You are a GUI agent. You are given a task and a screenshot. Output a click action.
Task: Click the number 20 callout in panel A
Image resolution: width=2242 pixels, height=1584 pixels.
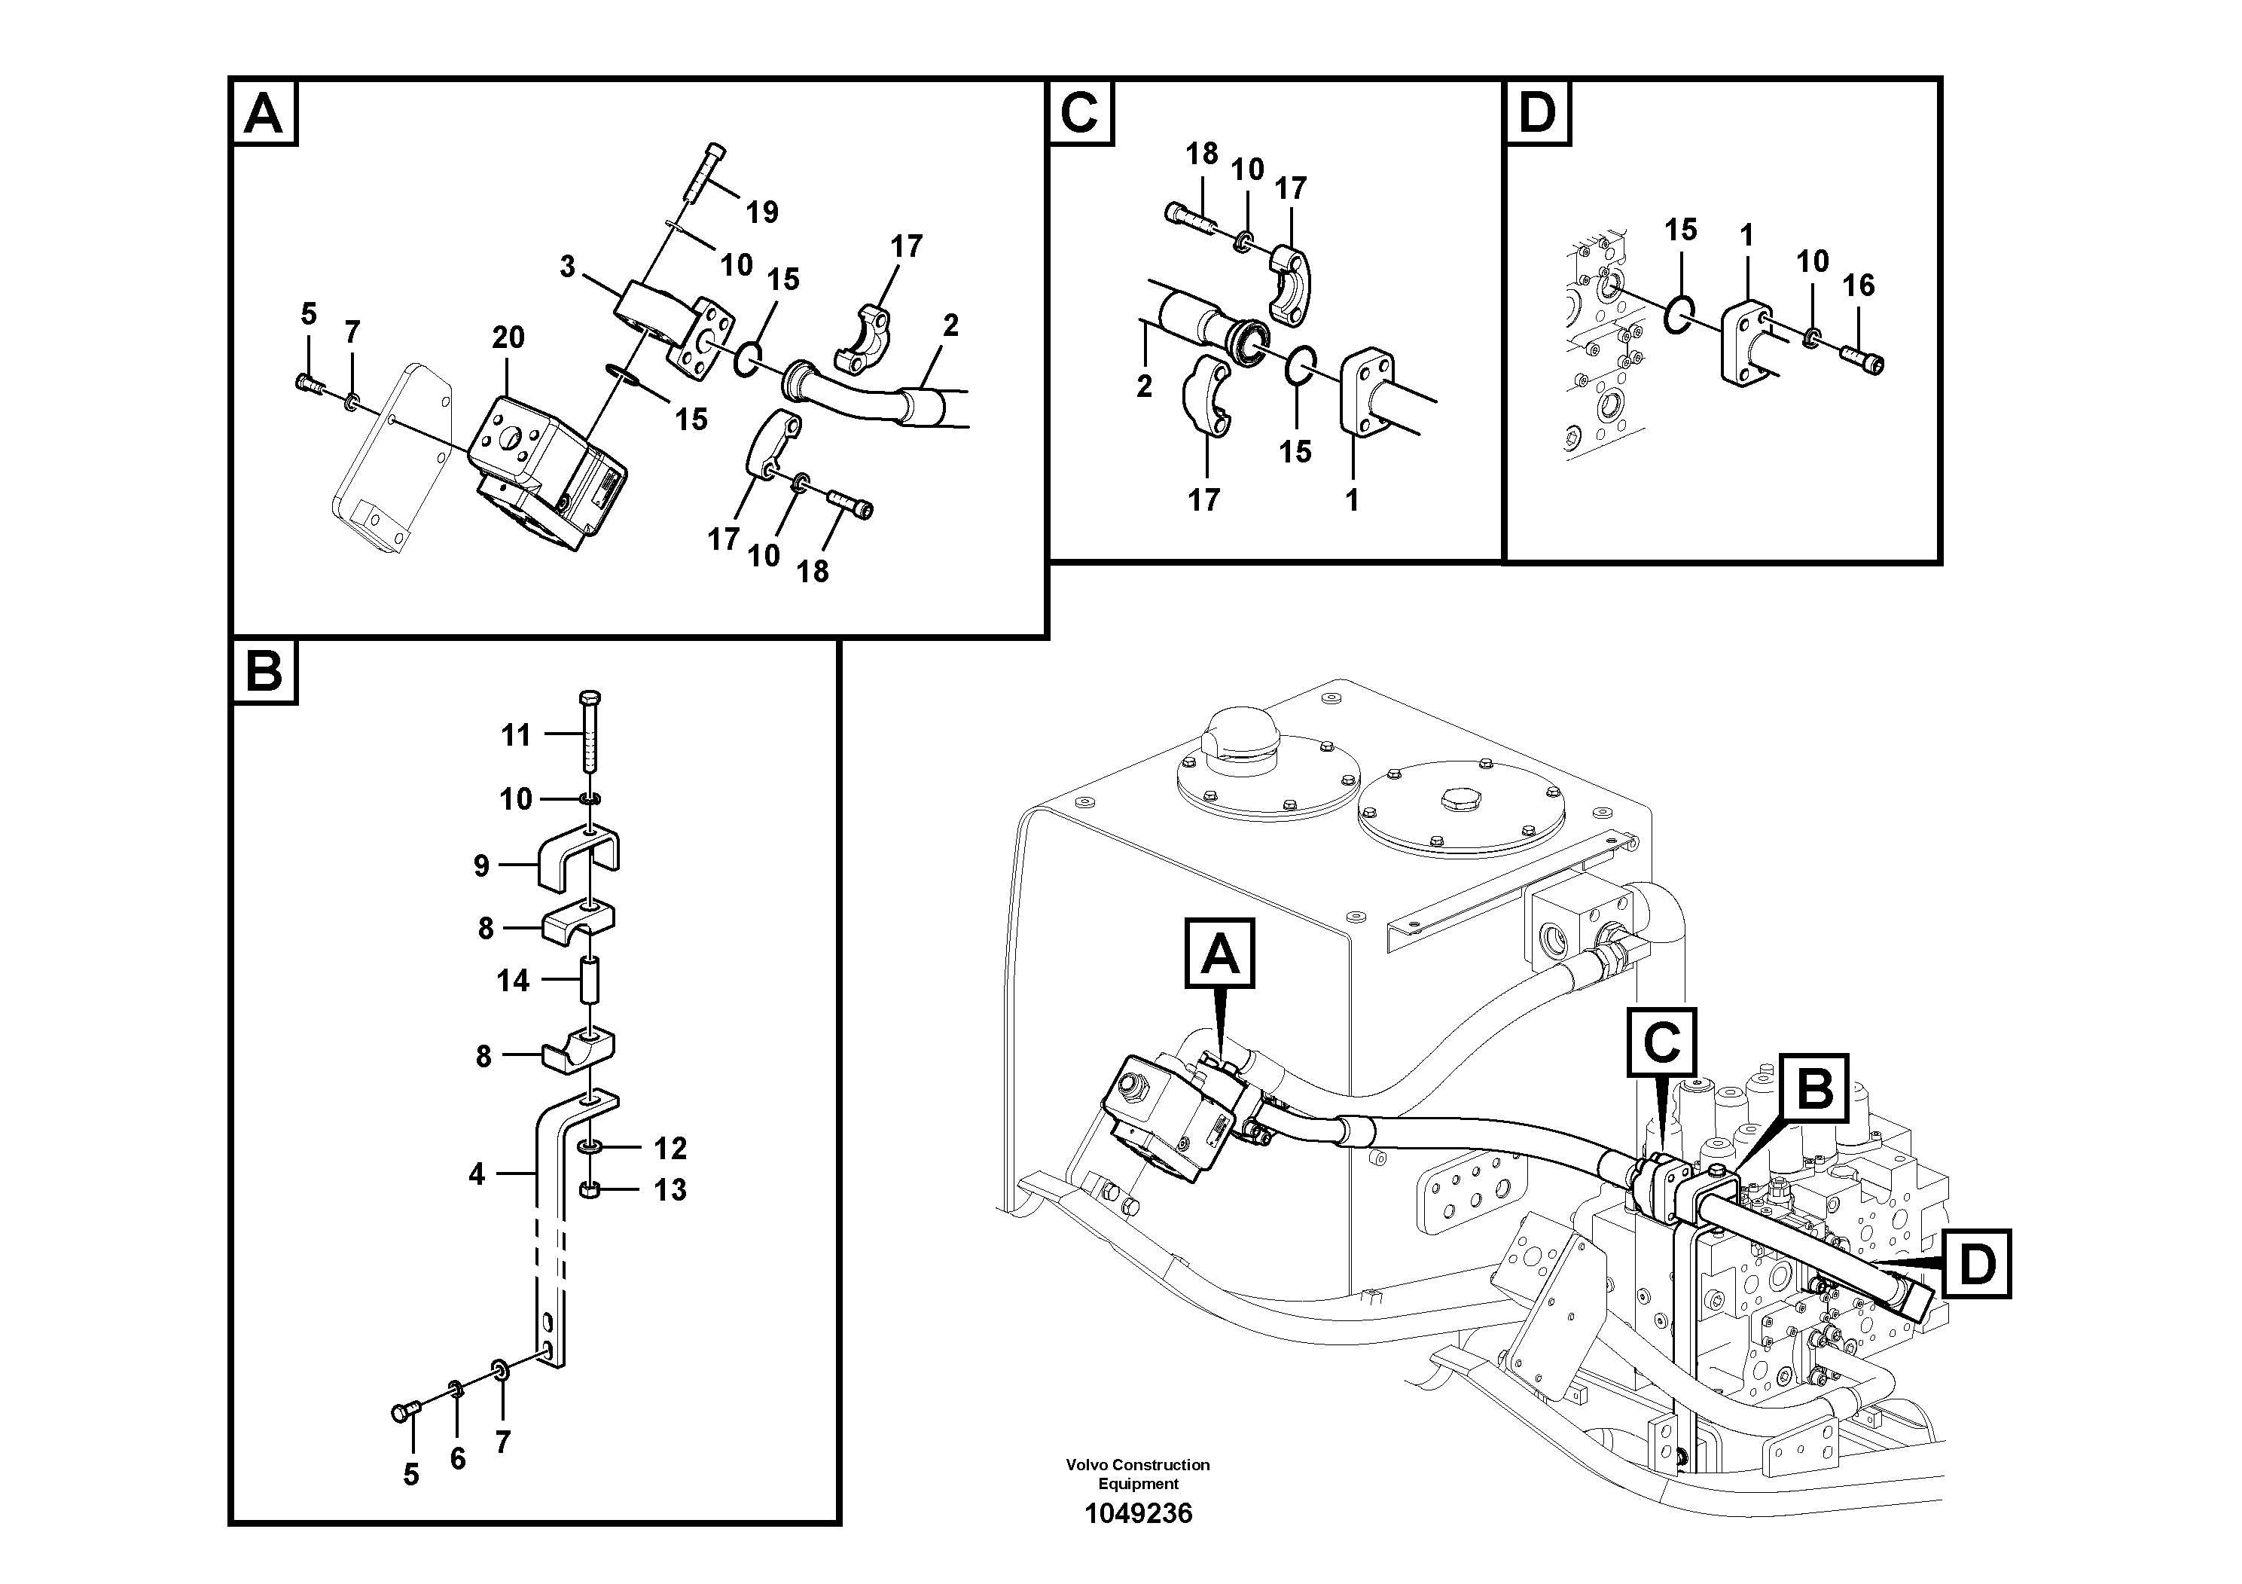pyautogui.click(x=508, y=338)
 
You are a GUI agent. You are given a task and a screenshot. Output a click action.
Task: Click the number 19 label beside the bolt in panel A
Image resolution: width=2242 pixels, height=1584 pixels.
pyautogui.click(x=761, y=212)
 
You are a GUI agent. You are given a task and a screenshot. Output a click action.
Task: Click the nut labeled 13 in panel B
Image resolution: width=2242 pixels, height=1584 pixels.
pyautogui.click(x=589, y=1189)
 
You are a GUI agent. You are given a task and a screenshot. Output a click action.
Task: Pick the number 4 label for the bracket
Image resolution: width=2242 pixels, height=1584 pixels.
pyautogui.click(x=477, y=1173)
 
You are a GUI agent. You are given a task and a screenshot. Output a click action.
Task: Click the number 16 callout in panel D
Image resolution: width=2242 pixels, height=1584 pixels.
pyautogui.click(x=1858, y=285)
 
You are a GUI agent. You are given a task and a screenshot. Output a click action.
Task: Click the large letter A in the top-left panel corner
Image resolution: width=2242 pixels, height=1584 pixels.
pyautogui.click(x=264, y=114)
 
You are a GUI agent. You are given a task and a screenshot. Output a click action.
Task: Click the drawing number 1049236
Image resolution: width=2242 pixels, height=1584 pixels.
pyautogui.click(x=1138, y=1514)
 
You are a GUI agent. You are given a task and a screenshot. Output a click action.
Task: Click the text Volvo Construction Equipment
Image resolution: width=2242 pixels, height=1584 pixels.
pyautogui.click(x=1138, y=1473)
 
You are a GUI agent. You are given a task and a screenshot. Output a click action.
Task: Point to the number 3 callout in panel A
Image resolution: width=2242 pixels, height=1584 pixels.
pyautogui.click(x=567, y=267)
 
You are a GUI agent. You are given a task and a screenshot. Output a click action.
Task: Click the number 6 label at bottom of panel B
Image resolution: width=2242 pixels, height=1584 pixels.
pyautogui.click(x=458, y=1458)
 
